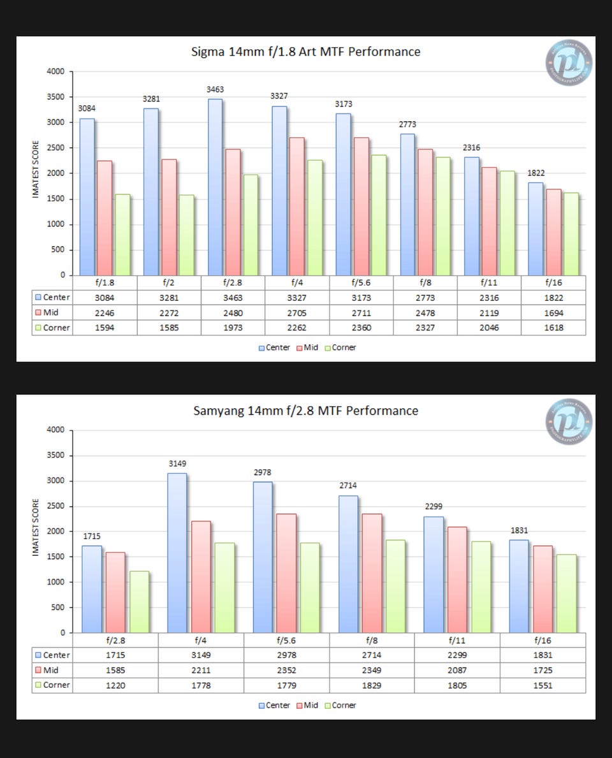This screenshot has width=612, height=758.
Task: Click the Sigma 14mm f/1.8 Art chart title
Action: tap(306, 52)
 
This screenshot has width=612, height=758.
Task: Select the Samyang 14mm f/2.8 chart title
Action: tap(306, 411)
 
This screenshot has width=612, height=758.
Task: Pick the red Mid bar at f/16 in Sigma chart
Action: tap(553, 232)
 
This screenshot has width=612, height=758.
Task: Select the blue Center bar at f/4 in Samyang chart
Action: tap(178, 553)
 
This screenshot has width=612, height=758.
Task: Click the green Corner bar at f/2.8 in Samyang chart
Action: tap(139, 602)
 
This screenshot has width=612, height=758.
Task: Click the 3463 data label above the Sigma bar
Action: tap(215, 90)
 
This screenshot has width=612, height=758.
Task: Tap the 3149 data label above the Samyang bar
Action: tap(177, 463)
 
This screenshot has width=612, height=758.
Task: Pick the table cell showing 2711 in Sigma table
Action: tap(361, 313)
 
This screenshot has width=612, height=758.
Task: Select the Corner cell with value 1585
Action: tap(169, 328)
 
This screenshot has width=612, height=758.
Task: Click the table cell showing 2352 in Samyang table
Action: tap(286, 670)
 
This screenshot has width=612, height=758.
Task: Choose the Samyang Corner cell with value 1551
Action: tap(543, 685)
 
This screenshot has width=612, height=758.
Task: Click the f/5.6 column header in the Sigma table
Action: tap(361, 282)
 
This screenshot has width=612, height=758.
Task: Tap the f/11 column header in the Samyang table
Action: tap(457, 640)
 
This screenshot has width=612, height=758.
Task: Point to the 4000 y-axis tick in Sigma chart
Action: tap(56, 71)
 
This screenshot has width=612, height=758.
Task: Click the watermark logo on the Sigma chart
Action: tap(569, 62)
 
